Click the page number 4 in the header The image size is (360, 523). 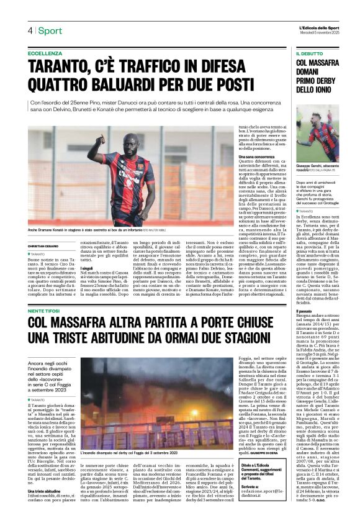[29, 30]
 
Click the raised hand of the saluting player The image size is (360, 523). [111, 137]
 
